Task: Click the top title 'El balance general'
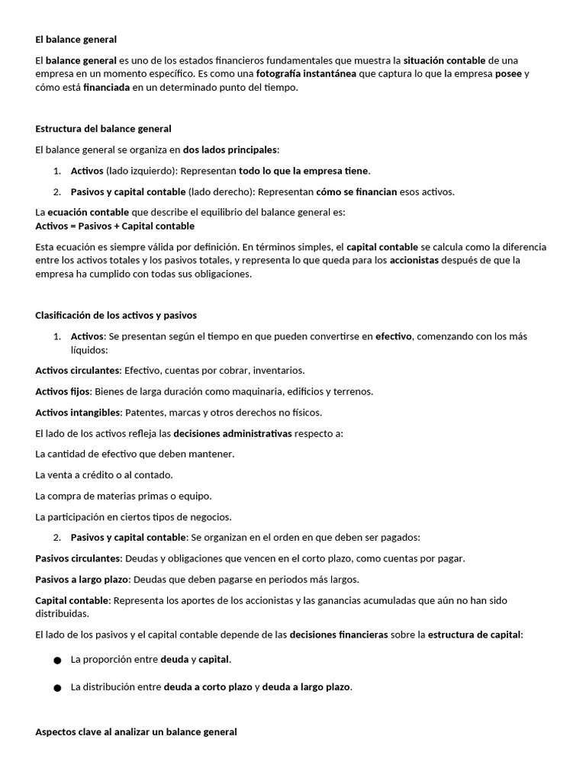pos(76,39)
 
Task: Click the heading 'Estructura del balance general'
pos(103,129)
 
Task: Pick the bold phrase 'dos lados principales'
pos(230,149)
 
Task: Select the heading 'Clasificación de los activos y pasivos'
pos(116,315)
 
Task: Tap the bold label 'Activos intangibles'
pos(78,413)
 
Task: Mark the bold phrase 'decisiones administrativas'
pos(233,433)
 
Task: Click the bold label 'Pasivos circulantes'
pos(78,558)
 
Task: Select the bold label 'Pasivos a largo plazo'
pos(82,579)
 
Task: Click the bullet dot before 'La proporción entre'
pos(57,660)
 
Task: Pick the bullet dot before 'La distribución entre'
pos(57,688)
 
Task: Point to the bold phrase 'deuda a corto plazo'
pos(208,687)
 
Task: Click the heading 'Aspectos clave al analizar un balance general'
pos(136,731)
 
